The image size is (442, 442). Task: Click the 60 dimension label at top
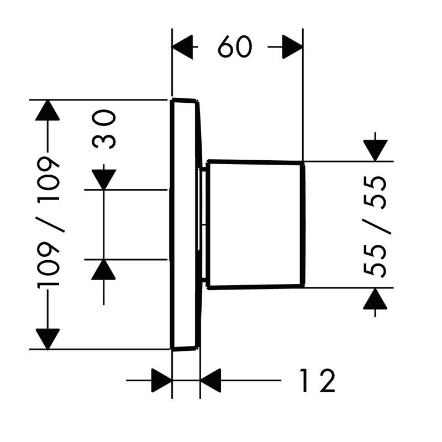234,48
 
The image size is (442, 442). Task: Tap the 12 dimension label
317,381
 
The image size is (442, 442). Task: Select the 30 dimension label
104,129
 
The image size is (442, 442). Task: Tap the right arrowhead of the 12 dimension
211,381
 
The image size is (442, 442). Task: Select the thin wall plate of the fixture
183,224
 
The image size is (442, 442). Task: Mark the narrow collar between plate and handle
204,224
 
